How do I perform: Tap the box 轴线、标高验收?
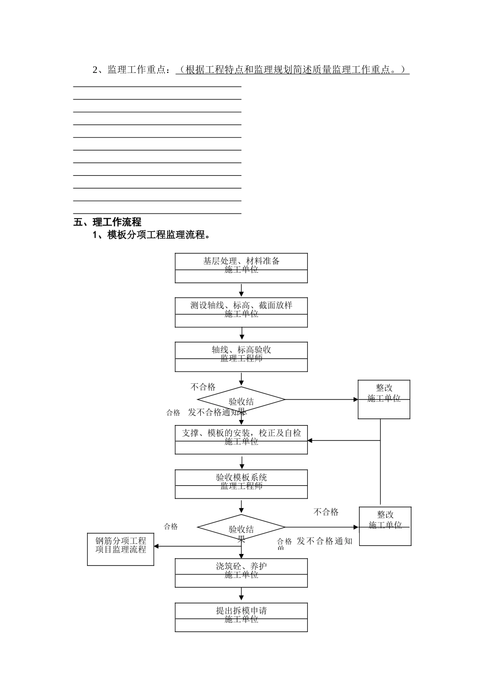pos(241,357)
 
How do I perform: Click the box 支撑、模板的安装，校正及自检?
pos(241,439)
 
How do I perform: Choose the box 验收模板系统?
pos(241,484)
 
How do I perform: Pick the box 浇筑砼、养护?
pos(241,573)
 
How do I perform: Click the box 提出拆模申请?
pos(241,617)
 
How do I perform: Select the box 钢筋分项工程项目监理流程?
pos(121,549)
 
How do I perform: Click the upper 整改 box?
pos(384,399)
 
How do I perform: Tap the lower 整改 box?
pos(385,526)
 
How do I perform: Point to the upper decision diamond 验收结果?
pos(241,400)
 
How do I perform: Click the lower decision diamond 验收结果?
pos(241,528)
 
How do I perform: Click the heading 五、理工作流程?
pos(107,222)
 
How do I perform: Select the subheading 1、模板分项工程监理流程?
pos(151,235)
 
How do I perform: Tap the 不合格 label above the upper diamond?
pos(203,387)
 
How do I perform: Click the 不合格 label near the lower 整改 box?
pos(326,512)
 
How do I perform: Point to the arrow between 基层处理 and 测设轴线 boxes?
pos(241,291)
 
